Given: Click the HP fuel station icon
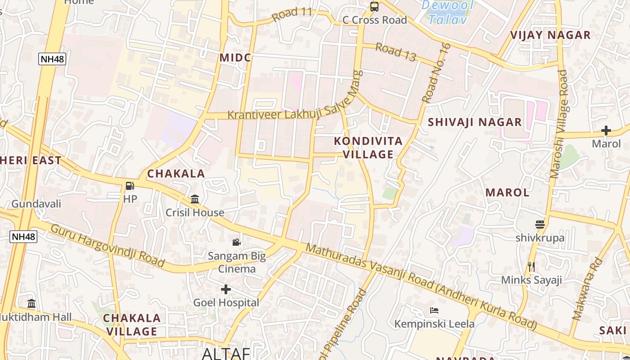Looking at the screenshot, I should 130,186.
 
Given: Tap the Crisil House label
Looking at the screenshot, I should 195,212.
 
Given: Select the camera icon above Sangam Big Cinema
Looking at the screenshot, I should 236,243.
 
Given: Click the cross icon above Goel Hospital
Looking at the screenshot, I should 226,289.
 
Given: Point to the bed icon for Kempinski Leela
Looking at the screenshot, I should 434,310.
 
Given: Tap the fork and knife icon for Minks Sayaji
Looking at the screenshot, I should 531,266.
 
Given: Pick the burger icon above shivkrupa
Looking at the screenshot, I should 540,224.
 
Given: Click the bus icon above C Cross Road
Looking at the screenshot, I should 374,6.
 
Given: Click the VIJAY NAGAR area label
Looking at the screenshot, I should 550,35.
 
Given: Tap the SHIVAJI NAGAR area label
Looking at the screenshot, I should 475,122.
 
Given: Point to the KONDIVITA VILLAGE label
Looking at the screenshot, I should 368,148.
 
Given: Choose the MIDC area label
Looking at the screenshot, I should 235,58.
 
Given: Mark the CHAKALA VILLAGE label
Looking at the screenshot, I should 132,325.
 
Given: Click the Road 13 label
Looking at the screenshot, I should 396,52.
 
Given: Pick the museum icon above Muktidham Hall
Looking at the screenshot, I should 31,303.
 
